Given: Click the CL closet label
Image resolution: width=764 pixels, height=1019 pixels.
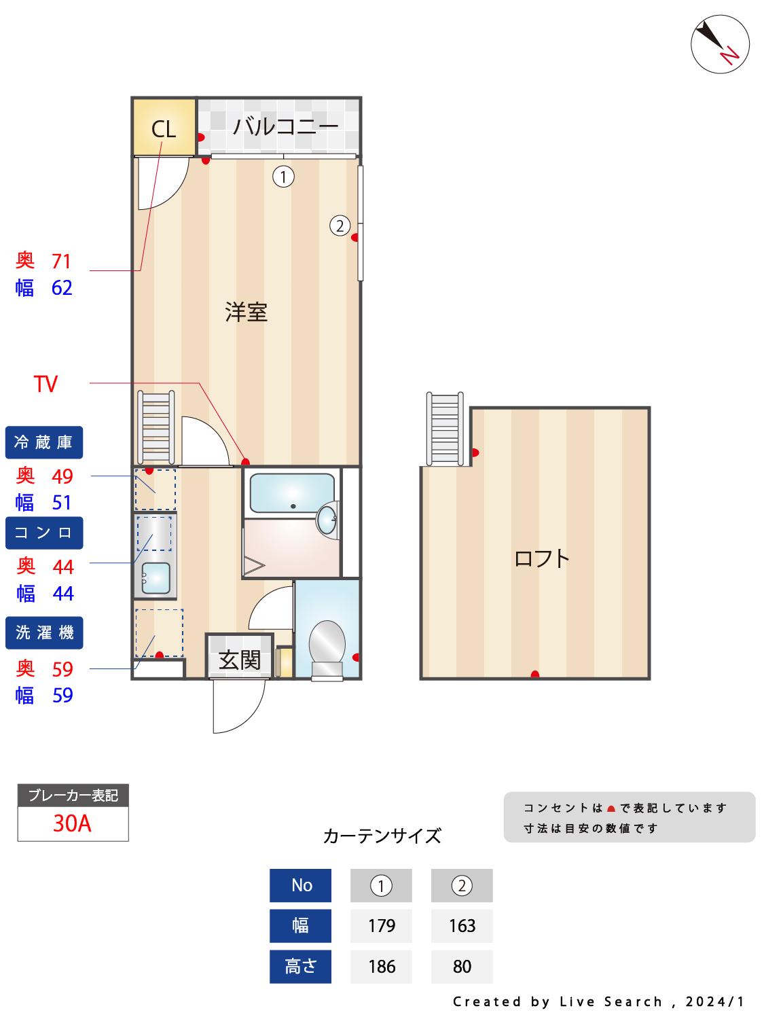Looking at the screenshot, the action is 163,129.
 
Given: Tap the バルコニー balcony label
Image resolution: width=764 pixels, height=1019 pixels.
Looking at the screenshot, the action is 285,126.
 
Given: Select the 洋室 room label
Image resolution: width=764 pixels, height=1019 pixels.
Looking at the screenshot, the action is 247,312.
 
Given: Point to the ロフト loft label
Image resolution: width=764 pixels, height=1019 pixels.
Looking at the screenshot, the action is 541,558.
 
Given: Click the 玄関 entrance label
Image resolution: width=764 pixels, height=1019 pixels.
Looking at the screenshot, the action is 239,660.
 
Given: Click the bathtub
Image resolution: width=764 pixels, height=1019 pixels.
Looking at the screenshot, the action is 292,493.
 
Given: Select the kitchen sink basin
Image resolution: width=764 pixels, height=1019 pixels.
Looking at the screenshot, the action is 156,578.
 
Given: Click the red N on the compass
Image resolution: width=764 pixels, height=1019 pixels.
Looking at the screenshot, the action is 729,55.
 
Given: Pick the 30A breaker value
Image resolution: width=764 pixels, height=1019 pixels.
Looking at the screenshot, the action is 72,823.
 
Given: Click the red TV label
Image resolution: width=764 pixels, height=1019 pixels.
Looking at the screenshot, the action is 46,385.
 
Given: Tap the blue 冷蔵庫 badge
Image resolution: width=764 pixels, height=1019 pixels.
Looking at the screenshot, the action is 44,442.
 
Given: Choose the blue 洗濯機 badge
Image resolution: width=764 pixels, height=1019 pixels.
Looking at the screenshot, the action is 44,632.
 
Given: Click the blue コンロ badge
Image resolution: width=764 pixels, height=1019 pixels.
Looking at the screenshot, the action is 44,533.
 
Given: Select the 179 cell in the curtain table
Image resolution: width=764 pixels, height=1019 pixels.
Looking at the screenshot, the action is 381,926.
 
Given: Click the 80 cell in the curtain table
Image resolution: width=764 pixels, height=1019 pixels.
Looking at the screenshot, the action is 462,967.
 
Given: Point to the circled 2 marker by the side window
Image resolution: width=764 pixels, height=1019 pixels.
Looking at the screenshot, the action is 340,226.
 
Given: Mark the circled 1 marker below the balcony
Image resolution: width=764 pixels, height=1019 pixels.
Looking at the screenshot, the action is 283,177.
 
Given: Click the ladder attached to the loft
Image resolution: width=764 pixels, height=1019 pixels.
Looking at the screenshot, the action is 445,429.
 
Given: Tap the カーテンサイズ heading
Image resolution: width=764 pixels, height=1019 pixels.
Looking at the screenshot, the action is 382,836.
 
